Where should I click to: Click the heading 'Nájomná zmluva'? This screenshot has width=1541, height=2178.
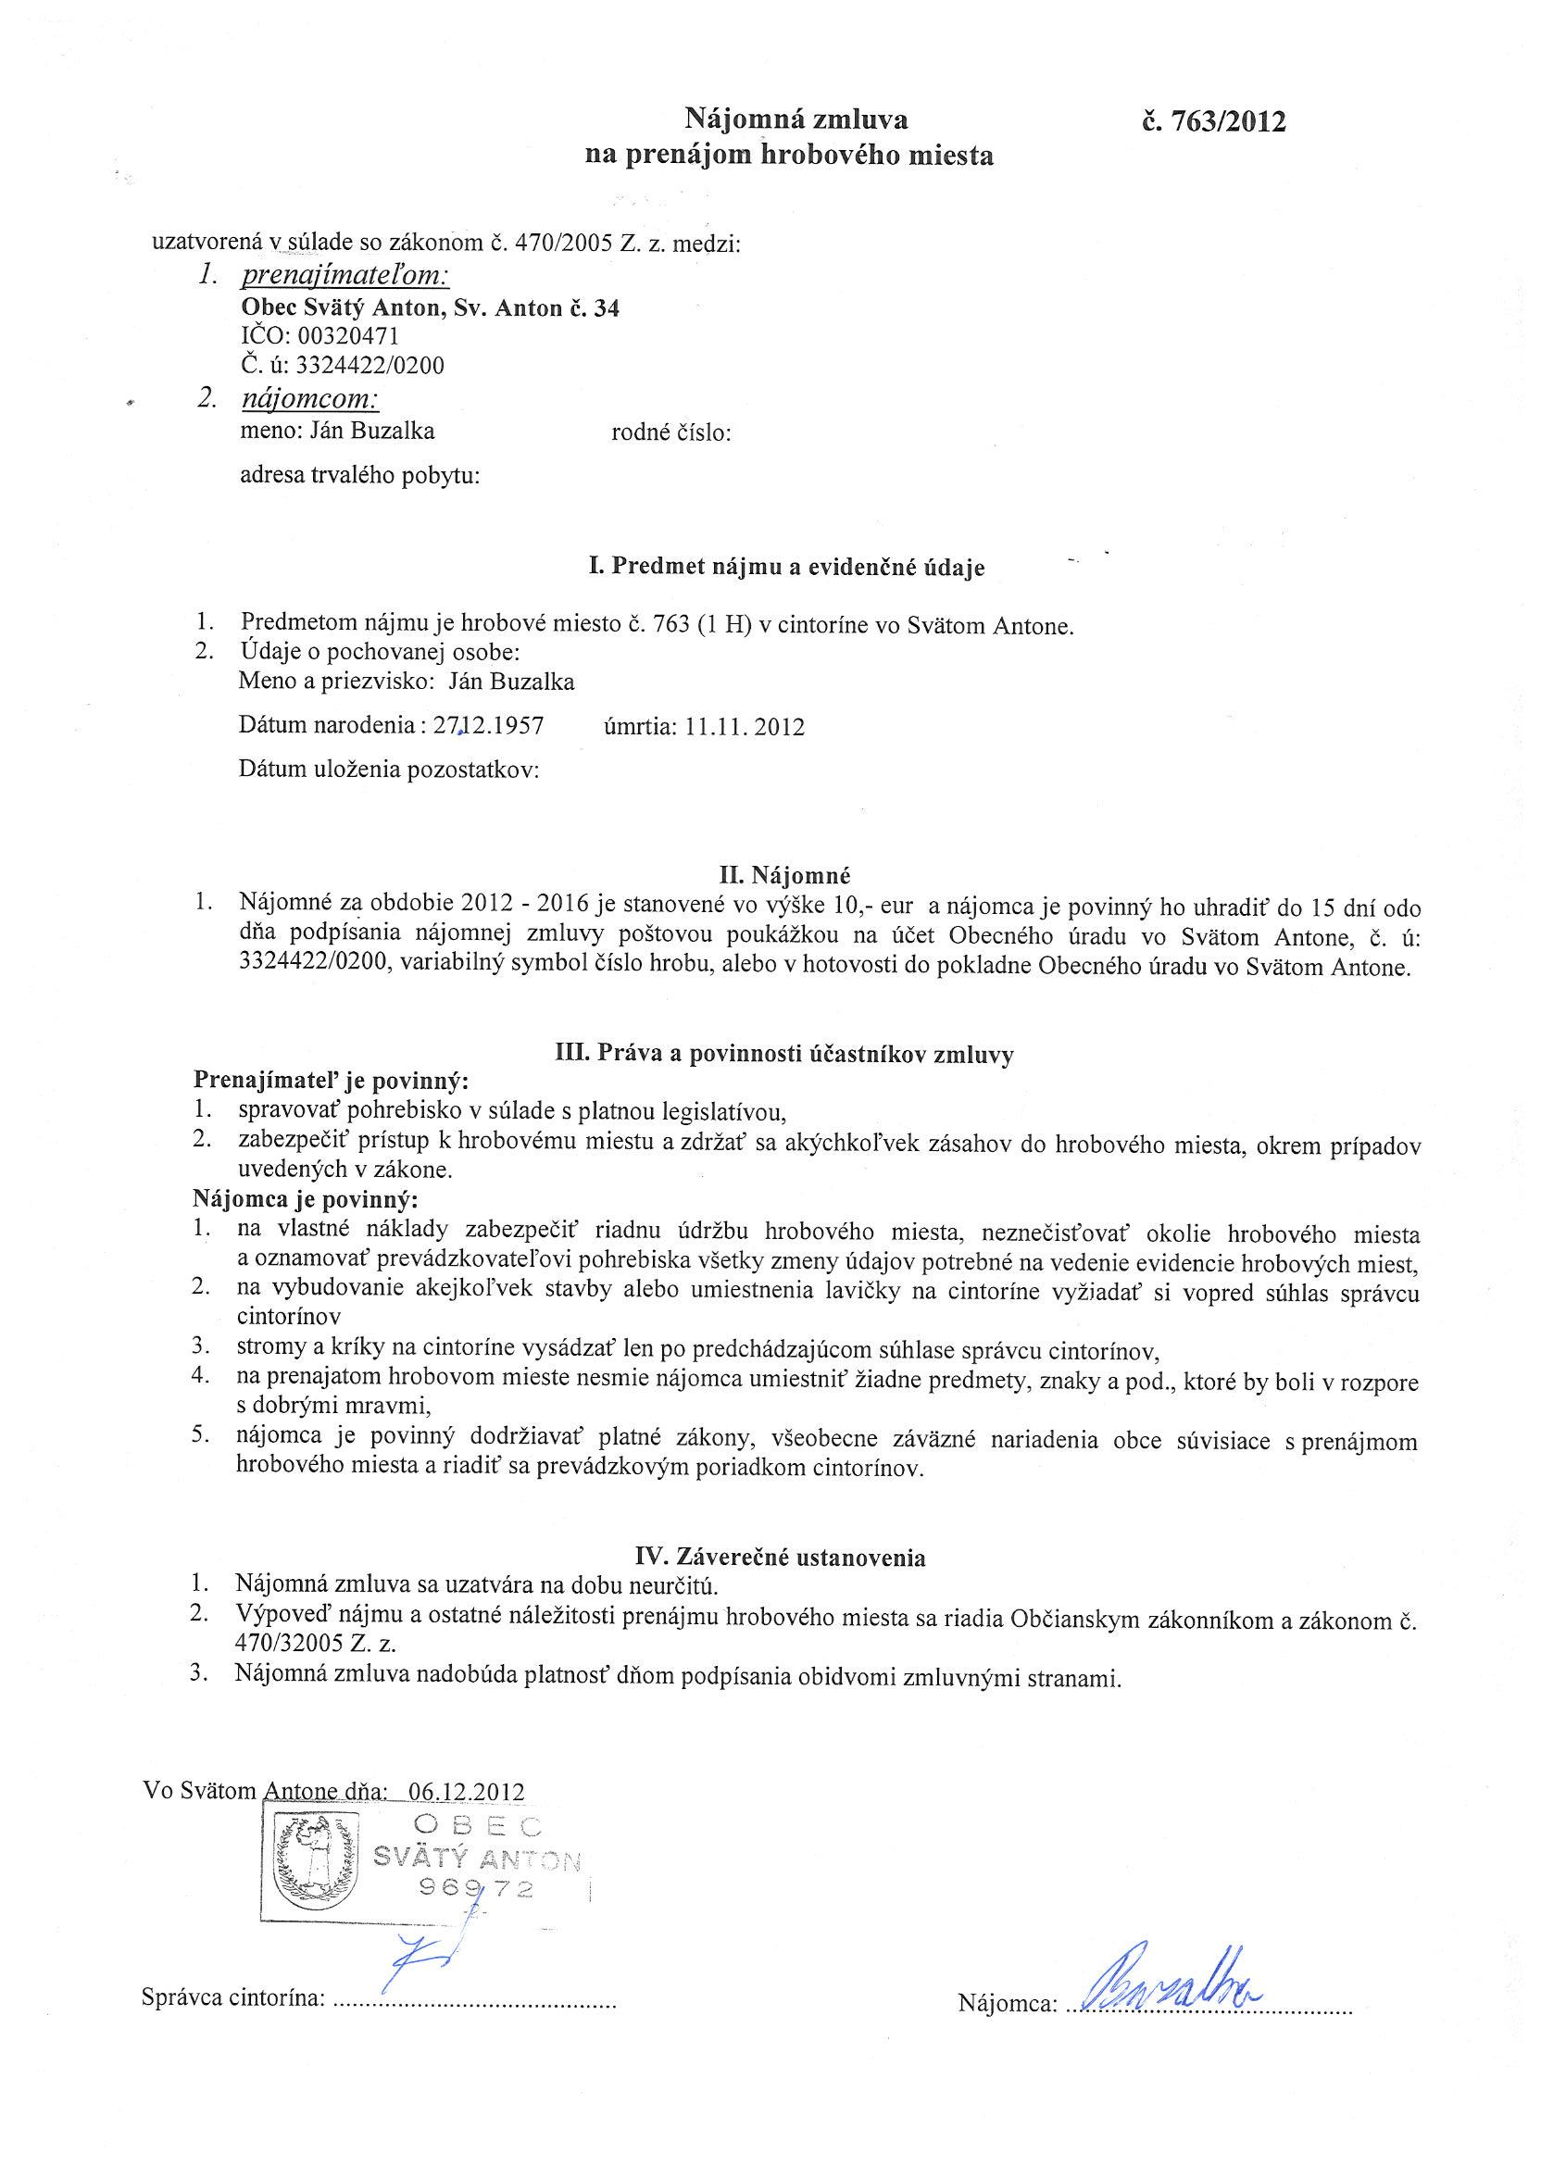point(796,119)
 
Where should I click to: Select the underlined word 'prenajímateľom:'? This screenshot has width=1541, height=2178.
point(345,276)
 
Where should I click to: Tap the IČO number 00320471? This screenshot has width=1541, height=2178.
point(347,336)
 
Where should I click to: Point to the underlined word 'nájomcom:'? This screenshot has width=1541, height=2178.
point(310,398)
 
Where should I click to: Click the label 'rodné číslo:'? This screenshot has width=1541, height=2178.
point(670,433)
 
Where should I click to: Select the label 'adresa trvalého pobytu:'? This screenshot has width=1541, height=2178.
point(360,475)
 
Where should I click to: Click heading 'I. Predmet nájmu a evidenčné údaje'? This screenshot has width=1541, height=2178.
point(786,568)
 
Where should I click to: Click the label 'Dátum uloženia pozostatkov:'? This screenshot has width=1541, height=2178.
point(389,770)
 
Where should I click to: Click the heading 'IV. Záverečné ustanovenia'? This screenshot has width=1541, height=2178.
point(780,1557)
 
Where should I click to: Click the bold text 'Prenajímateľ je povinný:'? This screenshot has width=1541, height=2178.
point(332,1081)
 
